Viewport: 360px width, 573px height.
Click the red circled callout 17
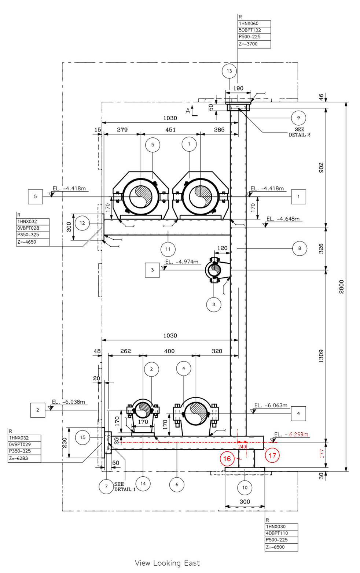272,455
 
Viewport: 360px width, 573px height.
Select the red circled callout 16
227,459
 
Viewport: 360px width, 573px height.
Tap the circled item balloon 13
229,71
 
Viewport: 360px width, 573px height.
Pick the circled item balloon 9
298,118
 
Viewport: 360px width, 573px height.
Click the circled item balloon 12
82,223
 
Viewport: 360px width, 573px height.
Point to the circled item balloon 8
300,248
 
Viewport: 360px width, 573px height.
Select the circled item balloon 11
168,249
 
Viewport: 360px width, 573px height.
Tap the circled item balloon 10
245,487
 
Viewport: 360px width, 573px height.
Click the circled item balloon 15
82,437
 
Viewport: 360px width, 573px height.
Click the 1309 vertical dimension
321,356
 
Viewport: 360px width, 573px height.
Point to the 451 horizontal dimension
170,130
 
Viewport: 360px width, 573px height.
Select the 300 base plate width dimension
245,502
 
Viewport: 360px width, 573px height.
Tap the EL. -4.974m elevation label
182,262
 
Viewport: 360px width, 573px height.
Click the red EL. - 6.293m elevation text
291,435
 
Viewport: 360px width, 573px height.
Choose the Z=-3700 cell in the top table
254,44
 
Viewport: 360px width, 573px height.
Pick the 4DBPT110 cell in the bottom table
281,533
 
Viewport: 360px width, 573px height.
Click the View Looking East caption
168,563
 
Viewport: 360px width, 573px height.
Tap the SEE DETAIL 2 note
299,132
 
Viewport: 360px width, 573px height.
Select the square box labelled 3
152,270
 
